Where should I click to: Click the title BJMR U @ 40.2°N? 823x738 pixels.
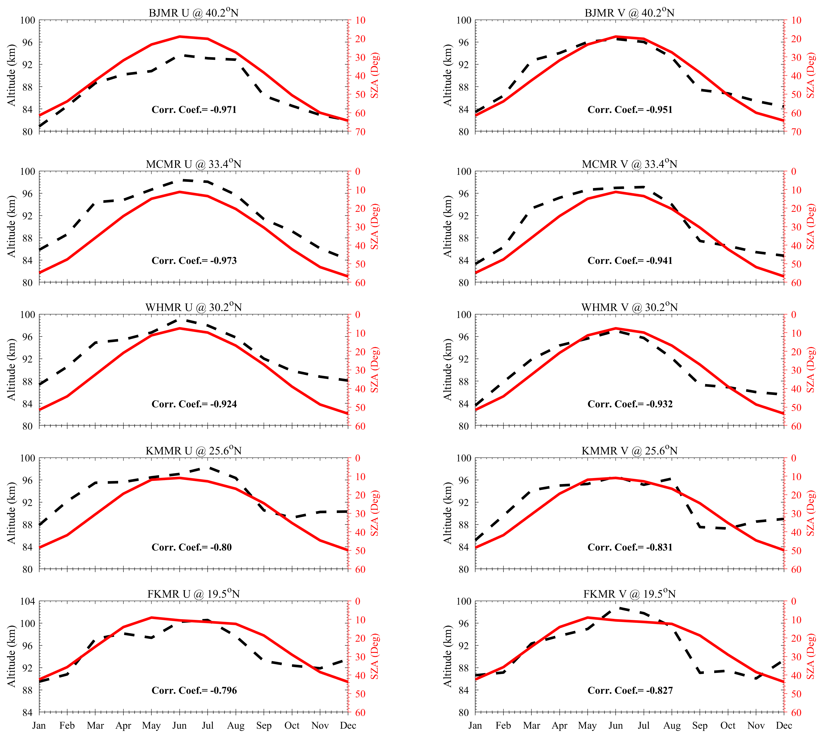(x=194, y=13)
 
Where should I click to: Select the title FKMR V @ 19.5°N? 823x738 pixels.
(x=629, y=594)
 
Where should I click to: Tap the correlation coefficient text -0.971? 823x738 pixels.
(x=224, y=110)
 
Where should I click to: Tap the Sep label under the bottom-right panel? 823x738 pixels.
(x=700, y=725)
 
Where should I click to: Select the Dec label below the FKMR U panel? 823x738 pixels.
(x=348, y=725)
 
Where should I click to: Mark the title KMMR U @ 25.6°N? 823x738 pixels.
(x=194, y=451)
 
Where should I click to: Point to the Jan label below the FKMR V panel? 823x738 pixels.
(x=475, y=725)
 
